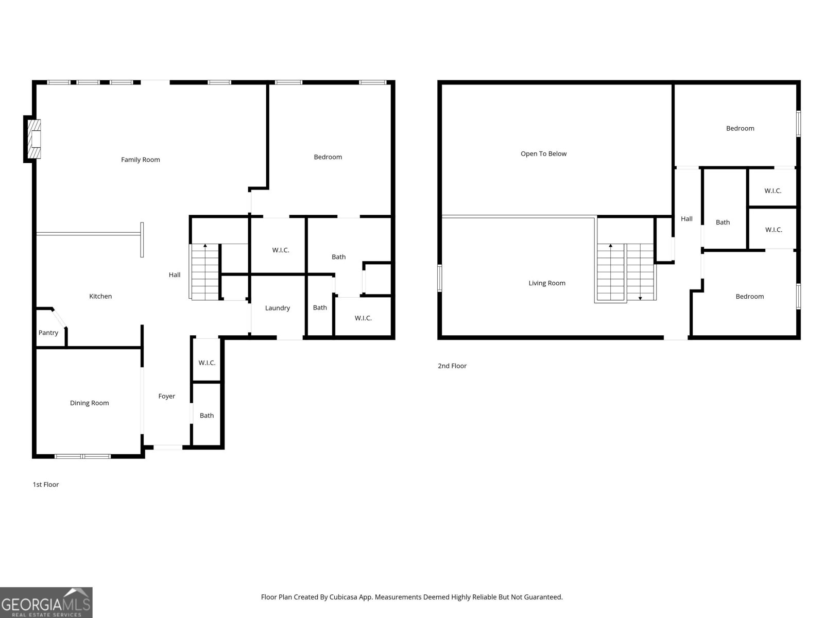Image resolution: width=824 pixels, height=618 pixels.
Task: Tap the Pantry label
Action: (x=48, y=333)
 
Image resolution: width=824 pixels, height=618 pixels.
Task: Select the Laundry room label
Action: (x=278, y=308)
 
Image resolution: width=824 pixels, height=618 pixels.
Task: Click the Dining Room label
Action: (x=90, y=403)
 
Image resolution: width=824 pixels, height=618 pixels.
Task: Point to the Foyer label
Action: (x=166, y=396)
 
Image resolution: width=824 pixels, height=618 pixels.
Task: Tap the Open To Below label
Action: (x=543, y=153)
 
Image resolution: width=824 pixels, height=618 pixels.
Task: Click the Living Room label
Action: (x=547, y=283)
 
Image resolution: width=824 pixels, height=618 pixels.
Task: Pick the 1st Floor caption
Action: (x=46, y=485)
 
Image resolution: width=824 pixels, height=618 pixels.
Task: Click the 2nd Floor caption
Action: (x=452, y=366)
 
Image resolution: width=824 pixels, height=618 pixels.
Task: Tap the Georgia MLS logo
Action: (x=46, y=603)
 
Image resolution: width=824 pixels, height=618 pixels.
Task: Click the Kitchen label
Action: (x=100, y=296)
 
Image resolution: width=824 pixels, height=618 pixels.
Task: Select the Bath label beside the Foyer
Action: (x=207, y=416)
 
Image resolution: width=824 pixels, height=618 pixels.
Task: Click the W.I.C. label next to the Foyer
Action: (x=207, y=363)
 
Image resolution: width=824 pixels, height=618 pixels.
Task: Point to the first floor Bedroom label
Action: (x=328, y=157)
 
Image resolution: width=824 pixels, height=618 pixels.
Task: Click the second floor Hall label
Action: (x=686, y=219)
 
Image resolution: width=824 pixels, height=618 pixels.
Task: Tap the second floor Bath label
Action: (x=723, y=222)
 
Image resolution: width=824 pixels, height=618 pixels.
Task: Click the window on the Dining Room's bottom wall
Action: (x=83, y=456)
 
